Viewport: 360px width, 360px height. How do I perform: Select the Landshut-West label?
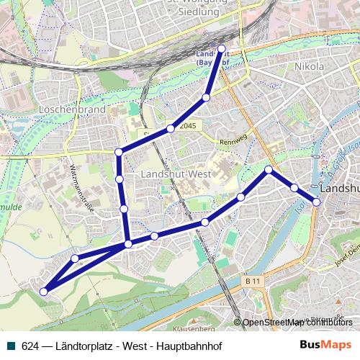click(176, 174)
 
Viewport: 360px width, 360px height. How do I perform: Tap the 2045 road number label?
click(188, 126)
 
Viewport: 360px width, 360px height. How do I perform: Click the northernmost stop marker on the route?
click(221, 49)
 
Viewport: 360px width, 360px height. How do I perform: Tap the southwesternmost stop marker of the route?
click(44, 292)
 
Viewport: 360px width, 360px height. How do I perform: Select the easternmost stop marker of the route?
click(316, 202)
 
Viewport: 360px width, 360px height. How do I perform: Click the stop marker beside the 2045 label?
click(171, 128)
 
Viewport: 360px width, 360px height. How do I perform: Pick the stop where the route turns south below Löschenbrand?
click(119, 152)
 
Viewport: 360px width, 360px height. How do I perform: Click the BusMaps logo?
click(325, 344)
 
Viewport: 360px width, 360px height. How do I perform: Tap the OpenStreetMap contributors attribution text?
click(297, 323)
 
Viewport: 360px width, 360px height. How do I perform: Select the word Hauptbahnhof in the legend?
click(191, 345)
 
